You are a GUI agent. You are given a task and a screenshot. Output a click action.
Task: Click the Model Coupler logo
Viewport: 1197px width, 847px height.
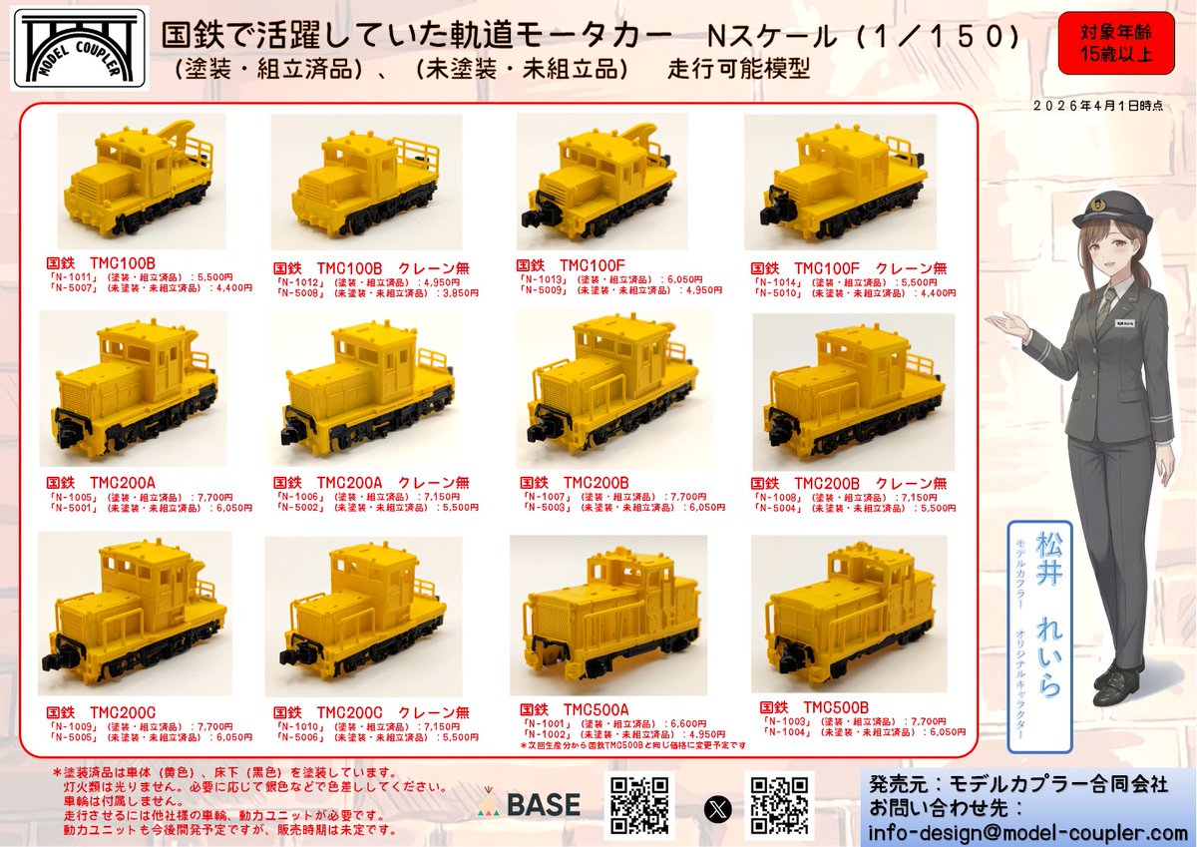(79, 49)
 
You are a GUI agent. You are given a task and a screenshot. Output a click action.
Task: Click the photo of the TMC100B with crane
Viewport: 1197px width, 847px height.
(141, 181)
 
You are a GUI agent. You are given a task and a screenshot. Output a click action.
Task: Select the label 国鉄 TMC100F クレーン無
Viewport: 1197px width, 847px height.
(847, 267)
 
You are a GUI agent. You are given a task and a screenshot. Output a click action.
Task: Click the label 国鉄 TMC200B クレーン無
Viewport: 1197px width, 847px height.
(848, 484)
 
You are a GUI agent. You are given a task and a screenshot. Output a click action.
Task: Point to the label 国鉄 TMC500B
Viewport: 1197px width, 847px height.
(814, 706)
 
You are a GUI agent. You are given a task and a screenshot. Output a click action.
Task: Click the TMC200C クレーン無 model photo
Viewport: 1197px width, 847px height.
(364, 613)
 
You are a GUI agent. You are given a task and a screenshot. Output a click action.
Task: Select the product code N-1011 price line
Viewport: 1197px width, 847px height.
(140, 278)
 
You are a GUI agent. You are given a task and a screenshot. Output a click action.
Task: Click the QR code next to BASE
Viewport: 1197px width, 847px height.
(638, 804)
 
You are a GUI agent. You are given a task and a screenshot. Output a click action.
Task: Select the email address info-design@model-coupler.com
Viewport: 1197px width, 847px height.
(1027, 832)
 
